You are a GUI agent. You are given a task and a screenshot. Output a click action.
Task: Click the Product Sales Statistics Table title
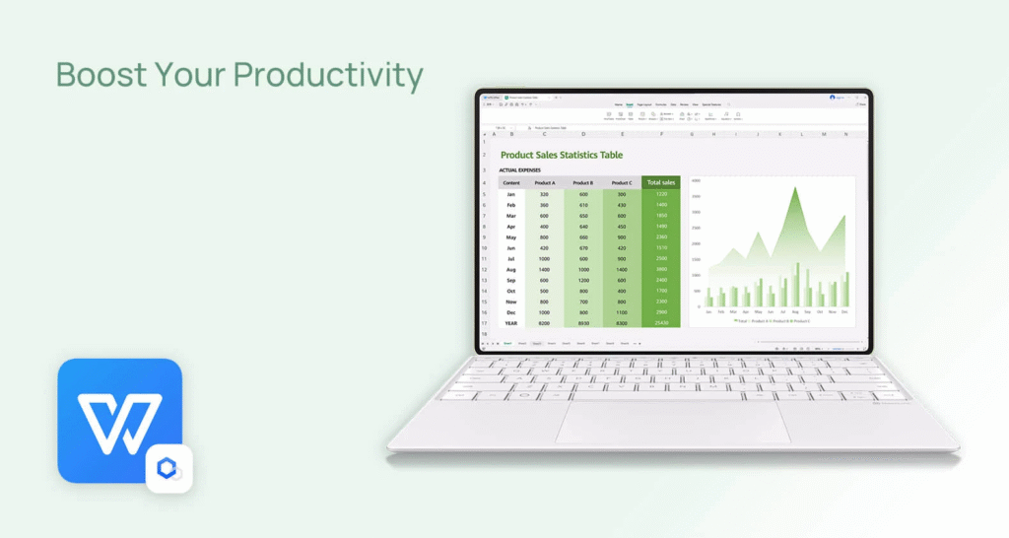point(561,155)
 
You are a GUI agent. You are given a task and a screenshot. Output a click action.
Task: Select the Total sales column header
point(660,182)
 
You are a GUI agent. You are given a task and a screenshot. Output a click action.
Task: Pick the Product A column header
point(544,182)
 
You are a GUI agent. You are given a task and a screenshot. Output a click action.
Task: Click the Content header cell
point(511,182)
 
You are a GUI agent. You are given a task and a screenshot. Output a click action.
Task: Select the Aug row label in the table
point(511,269)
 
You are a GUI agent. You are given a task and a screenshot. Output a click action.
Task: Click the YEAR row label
point(511,322)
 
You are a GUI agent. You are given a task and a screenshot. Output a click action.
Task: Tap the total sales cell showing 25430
point(660,322)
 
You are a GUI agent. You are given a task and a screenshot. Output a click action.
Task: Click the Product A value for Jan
point(544,194)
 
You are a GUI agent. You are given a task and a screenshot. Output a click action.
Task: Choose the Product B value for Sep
point(582,280)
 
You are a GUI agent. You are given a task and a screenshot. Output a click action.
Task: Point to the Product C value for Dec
point(622,311)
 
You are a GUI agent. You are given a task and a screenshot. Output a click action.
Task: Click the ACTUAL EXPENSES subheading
point(519,170)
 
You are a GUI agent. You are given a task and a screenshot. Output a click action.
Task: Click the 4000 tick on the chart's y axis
point(696,181)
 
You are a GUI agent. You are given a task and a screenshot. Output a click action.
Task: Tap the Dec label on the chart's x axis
point(844,311)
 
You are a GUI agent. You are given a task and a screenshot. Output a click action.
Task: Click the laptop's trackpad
point(674,422)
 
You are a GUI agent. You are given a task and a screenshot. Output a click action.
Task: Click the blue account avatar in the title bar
point(833,98)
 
